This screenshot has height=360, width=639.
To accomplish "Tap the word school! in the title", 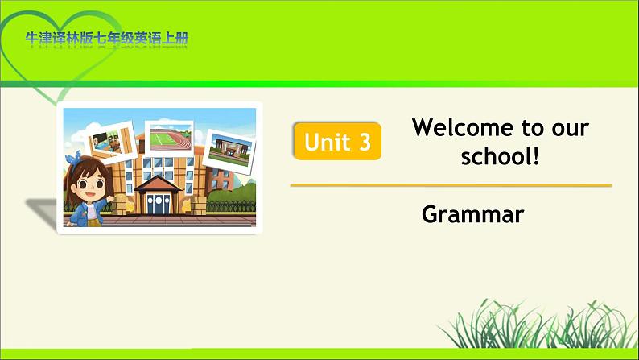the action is coord(500,155).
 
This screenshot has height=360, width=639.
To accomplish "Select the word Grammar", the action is coord(472,214).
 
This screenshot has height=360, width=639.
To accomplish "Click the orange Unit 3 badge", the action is coord(337,141).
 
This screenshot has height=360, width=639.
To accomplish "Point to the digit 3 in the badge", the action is coord(365,142).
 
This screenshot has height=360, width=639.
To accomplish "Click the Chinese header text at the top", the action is coord(107,39).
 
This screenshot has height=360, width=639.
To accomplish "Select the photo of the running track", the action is coord(170,139).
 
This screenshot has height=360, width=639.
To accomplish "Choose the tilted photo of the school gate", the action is coord(229,151).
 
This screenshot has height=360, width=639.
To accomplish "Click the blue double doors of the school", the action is coord(158,204).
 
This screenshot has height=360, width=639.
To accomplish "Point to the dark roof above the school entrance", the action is coord(158,184).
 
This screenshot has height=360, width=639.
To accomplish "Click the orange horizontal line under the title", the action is coord(451,185).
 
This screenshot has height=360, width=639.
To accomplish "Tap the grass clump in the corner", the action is coord(537,324).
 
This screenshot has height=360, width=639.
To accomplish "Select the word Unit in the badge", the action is coord(327,142).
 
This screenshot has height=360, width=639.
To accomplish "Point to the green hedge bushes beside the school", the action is coord(231,195).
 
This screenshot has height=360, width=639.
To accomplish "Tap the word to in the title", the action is coord(533,127).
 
